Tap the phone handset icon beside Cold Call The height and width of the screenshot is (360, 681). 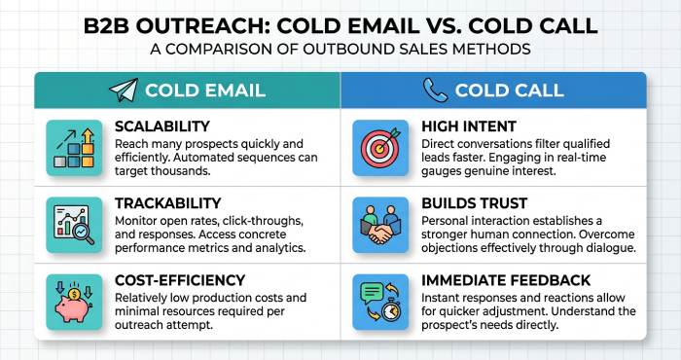tap(435, 90)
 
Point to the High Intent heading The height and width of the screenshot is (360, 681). tap(468, 127)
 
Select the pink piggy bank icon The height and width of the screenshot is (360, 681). tap(74, 301)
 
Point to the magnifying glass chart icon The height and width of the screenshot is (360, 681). tap(74, 224)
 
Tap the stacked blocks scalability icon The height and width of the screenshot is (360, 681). tap(74, 147)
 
